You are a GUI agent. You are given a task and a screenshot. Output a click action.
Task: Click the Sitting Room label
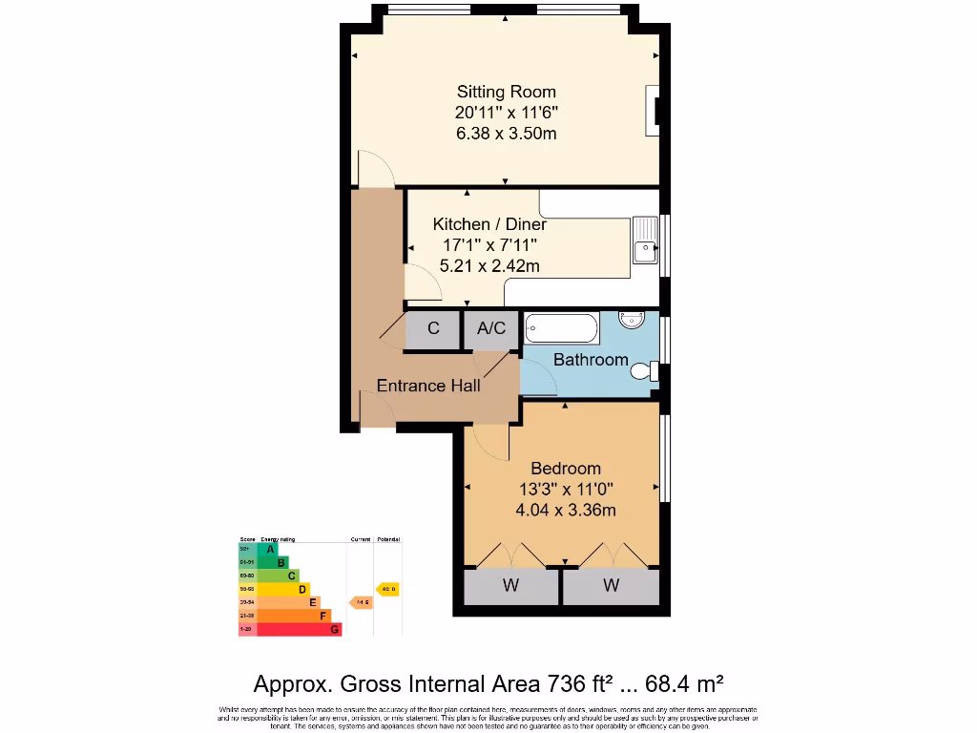[506, 93]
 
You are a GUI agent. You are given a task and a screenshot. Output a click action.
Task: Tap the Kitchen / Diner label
[489, 224]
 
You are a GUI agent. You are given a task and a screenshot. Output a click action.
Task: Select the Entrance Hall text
[428, 386]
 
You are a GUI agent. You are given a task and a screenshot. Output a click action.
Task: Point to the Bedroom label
[566, 469]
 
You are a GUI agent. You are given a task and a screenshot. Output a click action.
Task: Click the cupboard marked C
[433, 329]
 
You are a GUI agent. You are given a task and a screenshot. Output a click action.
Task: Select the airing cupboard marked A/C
[491, 329]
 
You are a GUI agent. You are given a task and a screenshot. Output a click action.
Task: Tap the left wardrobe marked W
[510, 586]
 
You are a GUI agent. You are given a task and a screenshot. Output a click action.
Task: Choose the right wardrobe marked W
[611, 586]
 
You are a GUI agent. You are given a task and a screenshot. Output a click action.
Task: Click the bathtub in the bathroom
[561, 329]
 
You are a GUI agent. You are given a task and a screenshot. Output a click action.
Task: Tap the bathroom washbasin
[632, 319]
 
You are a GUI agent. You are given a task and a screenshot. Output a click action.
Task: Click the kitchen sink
[644, 239]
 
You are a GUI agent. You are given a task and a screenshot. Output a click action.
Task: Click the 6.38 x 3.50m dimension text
[506, 134]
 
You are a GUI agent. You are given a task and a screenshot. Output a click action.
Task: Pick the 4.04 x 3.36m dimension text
[566, 511]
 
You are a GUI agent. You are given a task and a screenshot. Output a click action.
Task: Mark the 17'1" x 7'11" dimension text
[489, 245]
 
